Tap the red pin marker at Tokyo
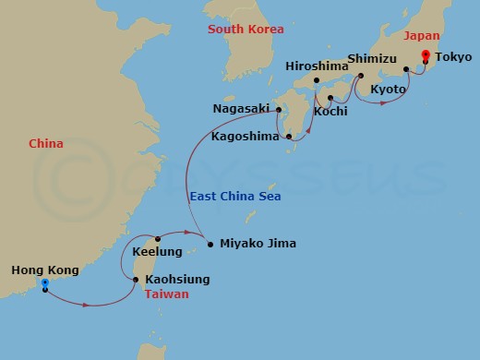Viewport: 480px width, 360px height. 426,54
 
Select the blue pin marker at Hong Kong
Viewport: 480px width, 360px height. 44,283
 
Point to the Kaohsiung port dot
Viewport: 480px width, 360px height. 137,279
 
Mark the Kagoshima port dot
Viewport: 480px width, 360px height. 290,138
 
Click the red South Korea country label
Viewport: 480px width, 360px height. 246,29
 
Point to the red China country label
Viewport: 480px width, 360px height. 47,144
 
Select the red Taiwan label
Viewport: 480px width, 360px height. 167,294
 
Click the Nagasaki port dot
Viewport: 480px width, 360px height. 279,109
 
